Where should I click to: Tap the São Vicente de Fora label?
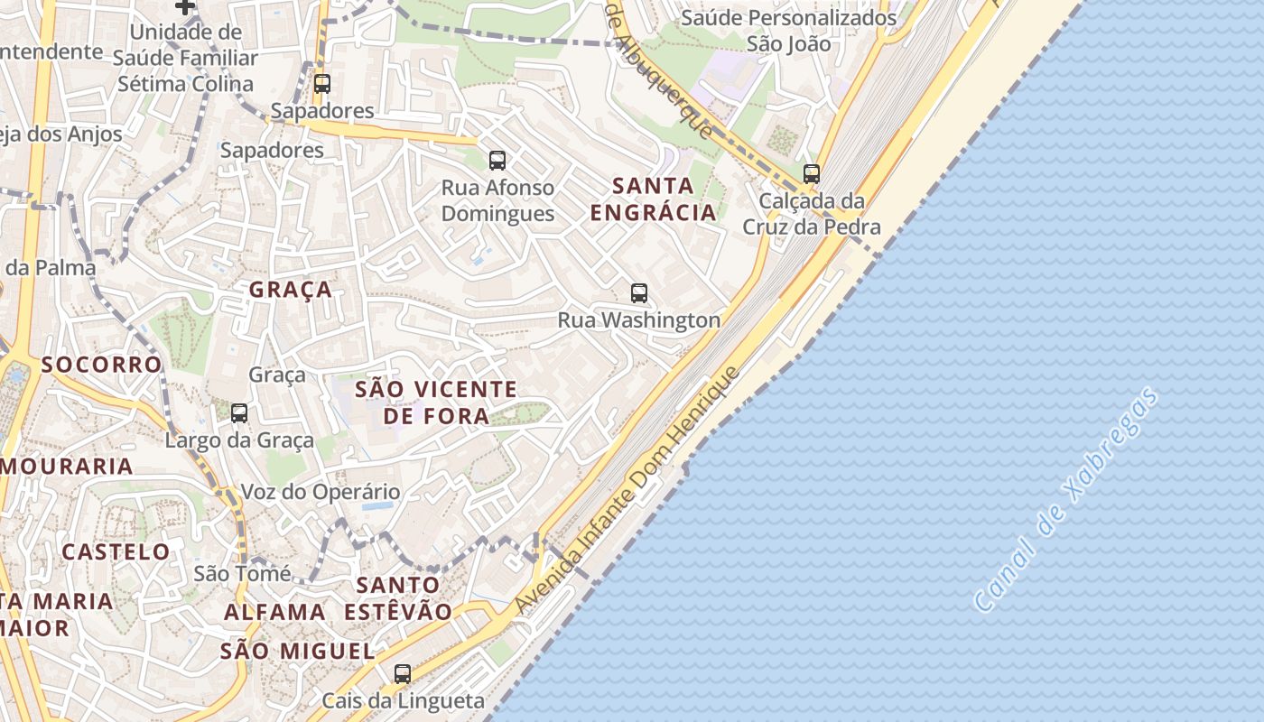436,403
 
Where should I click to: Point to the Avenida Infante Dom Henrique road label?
628,491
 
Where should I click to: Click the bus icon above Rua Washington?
639,293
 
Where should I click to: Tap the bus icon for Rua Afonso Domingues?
497,162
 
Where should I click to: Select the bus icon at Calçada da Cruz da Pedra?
812,174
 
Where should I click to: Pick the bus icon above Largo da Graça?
239,413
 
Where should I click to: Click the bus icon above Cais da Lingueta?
403,673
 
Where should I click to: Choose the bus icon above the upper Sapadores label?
322,84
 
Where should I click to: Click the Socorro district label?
101,365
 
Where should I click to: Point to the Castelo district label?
116,551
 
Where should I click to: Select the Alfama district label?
274,612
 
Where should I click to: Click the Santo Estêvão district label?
398,598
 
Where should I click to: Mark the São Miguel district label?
297,651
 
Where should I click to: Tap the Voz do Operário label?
320,493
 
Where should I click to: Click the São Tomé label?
242,573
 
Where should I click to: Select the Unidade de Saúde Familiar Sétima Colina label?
185,58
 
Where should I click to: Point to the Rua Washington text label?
639,320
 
